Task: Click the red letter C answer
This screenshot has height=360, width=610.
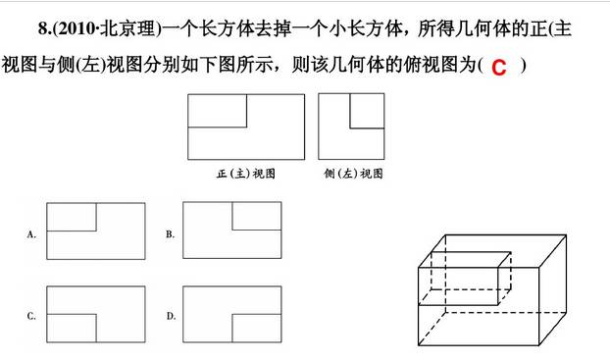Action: point(499,67)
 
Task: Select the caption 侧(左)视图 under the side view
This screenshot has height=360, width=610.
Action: point(352,173)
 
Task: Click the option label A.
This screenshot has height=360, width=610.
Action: point(32,234)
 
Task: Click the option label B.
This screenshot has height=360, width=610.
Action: point(170,234)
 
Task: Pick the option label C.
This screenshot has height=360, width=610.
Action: point(32,316)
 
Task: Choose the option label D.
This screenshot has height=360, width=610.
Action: point(170,316)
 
